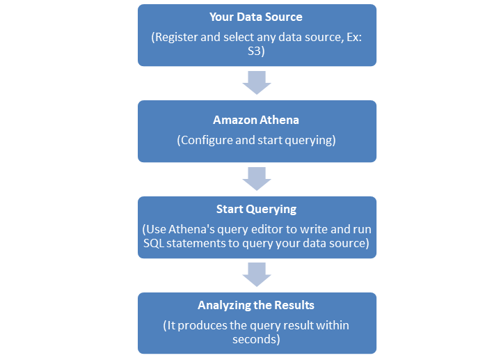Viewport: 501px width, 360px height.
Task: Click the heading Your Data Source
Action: tap(256, 16)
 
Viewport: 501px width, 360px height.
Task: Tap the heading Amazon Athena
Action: tap(256, 120)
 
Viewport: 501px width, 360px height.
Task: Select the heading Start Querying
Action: tap(256, 209)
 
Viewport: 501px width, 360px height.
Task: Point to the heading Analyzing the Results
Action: tap(256, 305)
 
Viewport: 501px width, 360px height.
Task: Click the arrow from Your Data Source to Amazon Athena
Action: tap(256, 83)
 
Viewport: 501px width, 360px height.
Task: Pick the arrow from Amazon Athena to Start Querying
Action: tap(256, 178)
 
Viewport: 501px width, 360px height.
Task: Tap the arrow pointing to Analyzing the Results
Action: tap(256, 274)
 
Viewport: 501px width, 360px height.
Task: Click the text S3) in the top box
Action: tap(257, 52)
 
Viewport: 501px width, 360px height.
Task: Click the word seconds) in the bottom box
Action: tap(256, 339)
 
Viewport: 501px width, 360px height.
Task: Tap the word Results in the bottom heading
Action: tap(294, 305)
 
